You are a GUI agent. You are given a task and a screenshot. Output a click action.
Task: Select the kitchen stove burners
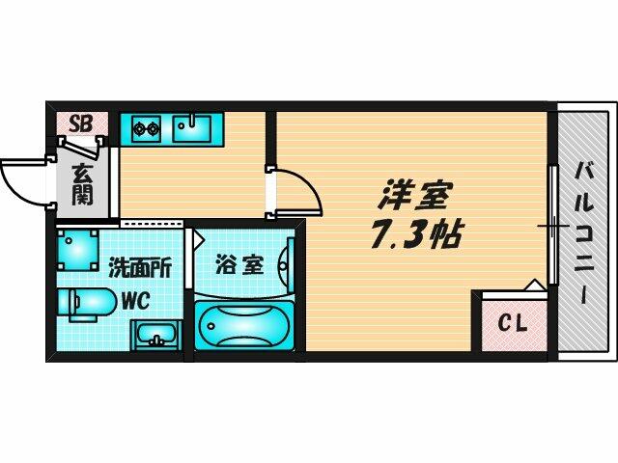point(145,126)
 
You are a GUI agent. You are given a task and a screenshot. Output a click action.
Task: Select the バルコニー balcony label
point(585,231)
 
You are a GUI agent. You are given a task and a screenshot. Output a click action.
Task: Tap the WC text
point(133,299)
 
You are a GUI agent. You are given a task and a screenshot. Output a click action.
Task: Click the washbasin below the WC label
point(154,337)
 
